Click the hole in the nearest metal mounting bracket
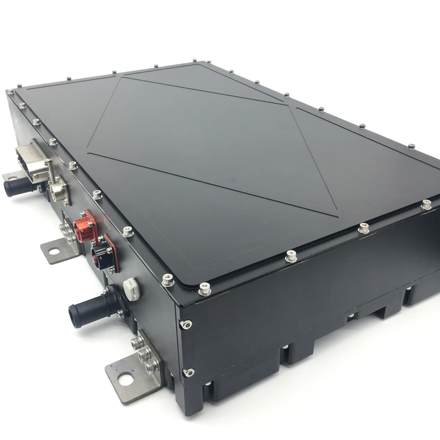pos(127,377)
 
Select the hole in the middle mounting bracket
pos(54,251)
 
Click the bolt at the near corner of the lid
pos(205,290)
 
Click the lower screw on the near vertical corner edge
pos(188,373)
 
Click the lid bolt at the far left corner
pos(10,92)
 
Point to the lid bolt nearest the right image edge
pos(426,205)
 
